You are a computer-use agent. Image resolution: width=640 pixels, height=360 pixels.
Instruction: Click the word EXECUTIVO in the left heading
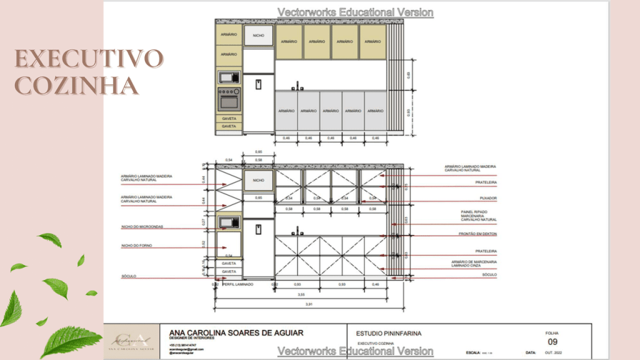[89, 59]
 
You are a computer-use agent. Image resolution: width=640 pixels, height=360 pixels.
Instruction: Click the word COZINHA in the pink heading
[77, 84]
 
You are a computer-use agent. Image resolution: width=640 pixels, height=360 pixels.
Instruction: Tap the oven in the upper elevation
[228, 99]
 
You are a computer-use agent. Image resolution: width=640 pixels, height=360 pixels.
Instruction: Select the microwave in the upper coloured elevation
[228, 77]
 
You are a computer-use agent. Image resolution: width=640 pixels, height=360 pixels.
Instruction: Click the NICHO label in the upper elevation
[258, 36]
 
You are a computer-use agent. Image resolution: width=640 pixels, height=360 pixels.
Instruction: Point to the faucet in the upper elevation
[298, 85]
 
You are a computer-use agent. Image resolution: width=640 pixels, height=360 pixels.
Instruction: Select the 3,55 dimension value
[301, 294]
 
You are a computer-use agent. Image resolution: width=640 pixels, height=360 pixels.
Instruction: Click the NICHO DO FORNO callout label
[137, 246]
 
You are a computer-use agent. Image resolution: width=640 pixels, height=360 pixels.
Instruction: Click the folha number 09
[552, 342]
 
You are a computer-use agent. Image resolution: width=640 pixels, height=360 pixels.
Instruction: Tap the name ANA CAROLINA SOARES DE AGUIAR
[236, 333]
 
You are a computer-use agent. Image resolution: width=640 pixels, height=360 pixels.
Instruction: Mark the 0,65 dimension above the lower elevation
[258, 152]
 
